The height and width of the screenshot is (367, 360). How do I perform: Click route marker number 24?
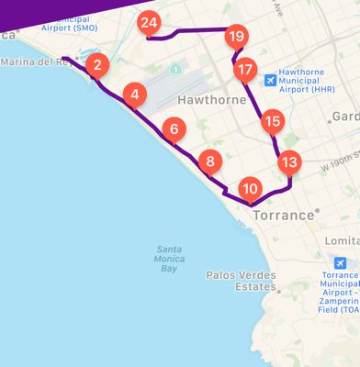(x=148, y=23)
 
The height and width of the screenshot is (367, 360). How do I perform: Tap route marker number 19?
(x=237, y=37)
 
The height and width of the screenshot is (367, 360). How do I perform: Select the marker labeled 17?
(x=244, y=70)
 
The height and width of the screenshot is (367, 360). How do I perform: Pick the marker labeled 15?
(x=272, y=121)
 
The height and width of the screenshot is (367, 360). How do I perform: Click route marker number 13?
(x=289, y=163)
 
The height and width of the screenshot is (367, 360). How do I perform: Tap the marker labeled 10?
(x=249, y=189)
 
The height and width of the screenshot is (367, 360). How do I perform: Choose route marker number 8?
(x=210, y=163)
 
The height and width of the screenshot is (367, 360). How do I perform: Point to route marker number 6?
(x=174, y=130)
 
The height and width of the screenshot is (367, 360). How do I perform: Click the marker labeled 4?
(x=135, y=95)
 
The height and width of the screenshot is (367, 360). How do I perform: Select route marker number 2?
(x=98, y=65)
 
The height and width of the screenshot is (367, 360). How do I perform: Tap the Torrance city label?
(x=283, y=215)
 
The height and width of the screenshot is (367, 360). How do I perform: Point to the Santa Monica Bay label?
(x=169, y=259)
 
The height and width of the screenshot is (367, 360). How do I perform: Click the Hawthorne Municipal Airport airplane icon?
(x=270, y=80)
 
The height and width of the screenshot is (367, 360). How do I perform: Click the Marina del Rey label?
(x=37, y=61)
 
